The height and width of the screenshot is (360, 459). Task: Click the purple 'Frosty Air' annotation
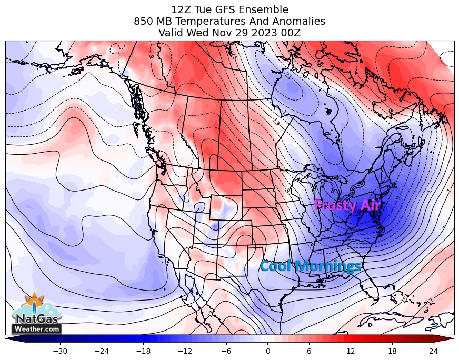(x=346, y=205)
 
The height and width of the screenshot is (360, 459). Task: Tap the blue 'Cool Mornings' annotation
(x=311, y=266)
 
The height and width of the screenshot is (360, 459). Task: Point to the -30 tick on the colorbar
(x=61, y=351)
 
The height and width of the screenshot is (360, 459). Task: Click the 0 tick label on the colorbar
(x=268, y=351)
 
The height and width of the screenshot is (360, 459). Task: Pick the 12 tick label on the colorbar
(x=351, y=351)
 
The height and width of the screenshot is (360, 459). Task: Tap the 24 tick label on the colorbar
(x=433, y=351)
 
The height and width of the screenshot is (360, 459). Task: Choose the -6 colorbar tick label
(x=226, y=351)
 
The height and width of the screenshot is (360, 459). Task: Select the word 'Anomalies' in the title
(x=300, y=21)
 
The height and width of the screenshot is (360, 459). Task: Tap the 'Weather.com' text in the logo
(x=36, y=329)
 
